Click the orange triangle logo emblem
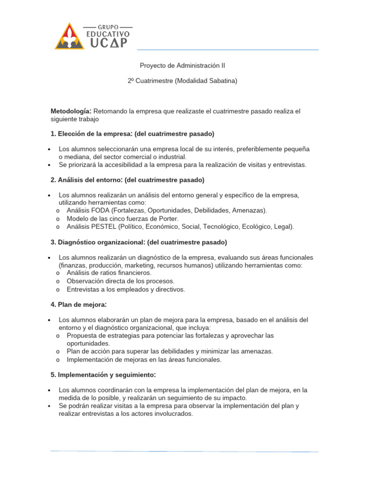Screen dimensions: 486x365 coord(69,37)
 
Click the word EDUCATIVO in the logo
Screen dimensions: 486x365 coord(107,34)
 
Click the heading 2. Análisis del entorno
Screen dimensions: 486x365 coord(88,180)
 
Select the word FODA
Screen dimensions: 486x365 coord(98,210)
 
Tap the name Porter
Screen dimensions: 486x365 coord(169,218)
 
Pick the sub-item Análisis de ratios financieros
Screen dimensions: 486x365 coord(109,273)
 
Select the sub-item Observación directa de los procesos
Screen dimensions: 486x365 coord(121,281)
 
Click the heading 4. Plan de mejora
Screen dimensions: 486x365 coord(78,304)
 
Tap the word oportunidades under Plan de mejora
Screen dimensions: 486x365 coord(88,343)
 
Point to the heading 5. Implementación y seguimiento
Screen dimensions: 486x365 coord(104,374)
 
